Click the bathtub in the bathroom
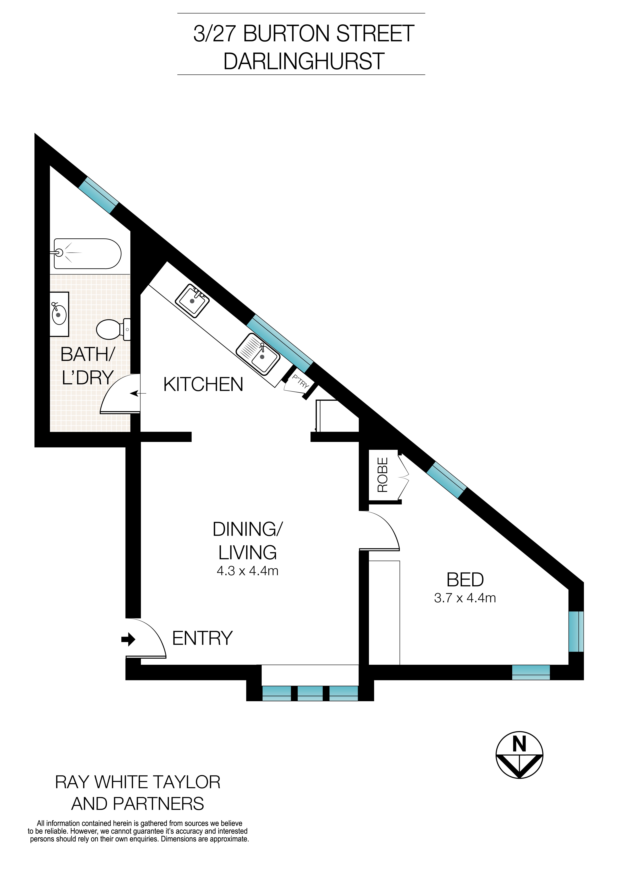point(87,254)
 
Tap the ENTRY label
point(203,638)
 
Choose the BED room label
point(465,580)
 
